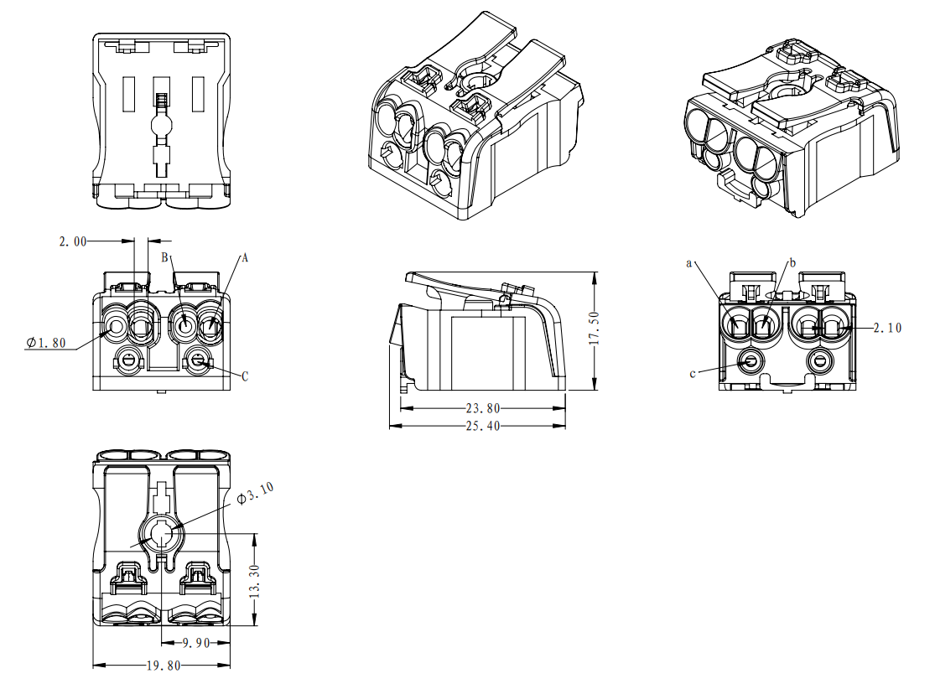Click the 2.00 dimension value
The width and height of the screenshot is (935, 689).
point(73,241)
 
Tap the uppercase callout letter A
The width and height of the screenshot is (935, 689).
point(245,258)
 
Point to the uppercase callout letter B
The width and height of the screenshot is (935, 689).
point(165,256)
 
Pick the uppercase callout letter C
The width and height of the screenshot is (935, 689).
point(245,377)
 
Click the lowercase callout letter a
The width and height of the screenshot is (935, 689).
point(689,263)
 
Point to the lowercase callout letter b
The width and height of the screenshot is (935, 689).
point(792,262)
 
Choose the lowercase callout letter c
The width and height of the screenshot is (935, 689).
point(693,373)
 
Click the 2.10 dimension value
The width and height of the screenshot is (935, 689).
point(887,328)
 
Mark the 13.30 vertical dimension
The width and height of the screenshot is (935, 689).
point(255,579)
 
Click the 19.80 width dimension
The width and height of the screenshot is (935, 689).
point(161,666)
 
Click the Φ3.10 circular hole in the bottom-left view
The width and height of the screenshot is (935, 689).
point(160,534)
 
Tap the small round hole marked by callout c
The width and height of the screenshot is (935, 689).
point(750,362)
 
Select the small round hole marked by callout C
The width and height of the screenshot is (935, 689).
point(198,361)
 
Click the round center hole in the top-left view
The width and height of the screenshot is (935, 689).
point(161,127)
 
